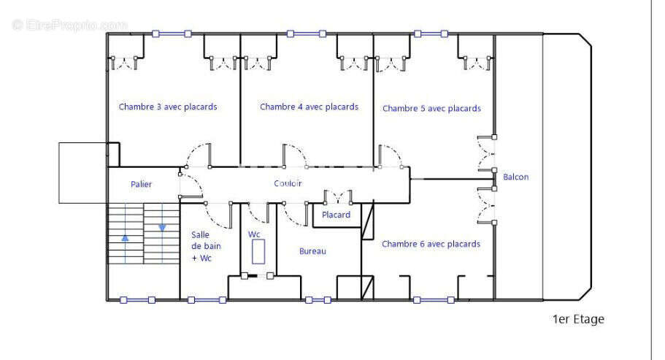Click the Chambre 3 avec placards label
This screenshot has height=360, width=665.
[x=168, y=107]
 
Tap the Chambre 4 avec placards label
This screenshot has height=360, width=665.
[x=310, y=107]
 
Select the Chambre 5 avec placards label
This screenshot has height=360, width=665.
[x=431, y=109]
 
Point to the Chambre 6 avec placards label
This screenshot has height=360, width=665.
[x=431, y=244]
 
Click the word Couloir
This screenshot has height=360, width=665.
[x=288, y=183]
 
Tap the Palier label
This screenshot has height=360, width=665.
[x=141, y=184]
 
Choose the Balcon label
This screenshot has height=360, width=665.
[x=515, y=177]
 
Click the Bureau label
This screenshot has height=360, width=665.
[x=312, y=251]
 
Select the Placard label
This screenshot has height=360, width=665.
[x=336, y=215]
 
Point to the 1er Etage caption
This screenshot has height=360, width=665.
[x=578, y=319]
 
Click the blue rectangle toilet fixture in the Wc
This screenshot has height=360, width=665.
[x=258, y=251]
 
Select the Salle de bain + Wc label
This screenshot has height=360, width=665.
[x=206, y=246]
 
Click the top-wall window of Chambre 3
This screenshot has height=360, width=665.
[x=172, y=34]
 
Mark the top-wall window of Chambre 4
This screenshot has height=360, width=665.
[x=306, y=34]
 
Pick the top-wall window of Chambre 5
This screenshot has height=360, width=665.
[x=431, y=34]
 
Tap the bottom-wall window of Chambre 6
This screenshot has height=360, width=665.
[x=434, y=300]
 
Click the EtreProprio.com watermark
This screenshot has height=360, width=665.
[x=70, y=25]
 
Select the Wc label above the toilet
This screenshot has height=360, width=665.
[x=254, y=234]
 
